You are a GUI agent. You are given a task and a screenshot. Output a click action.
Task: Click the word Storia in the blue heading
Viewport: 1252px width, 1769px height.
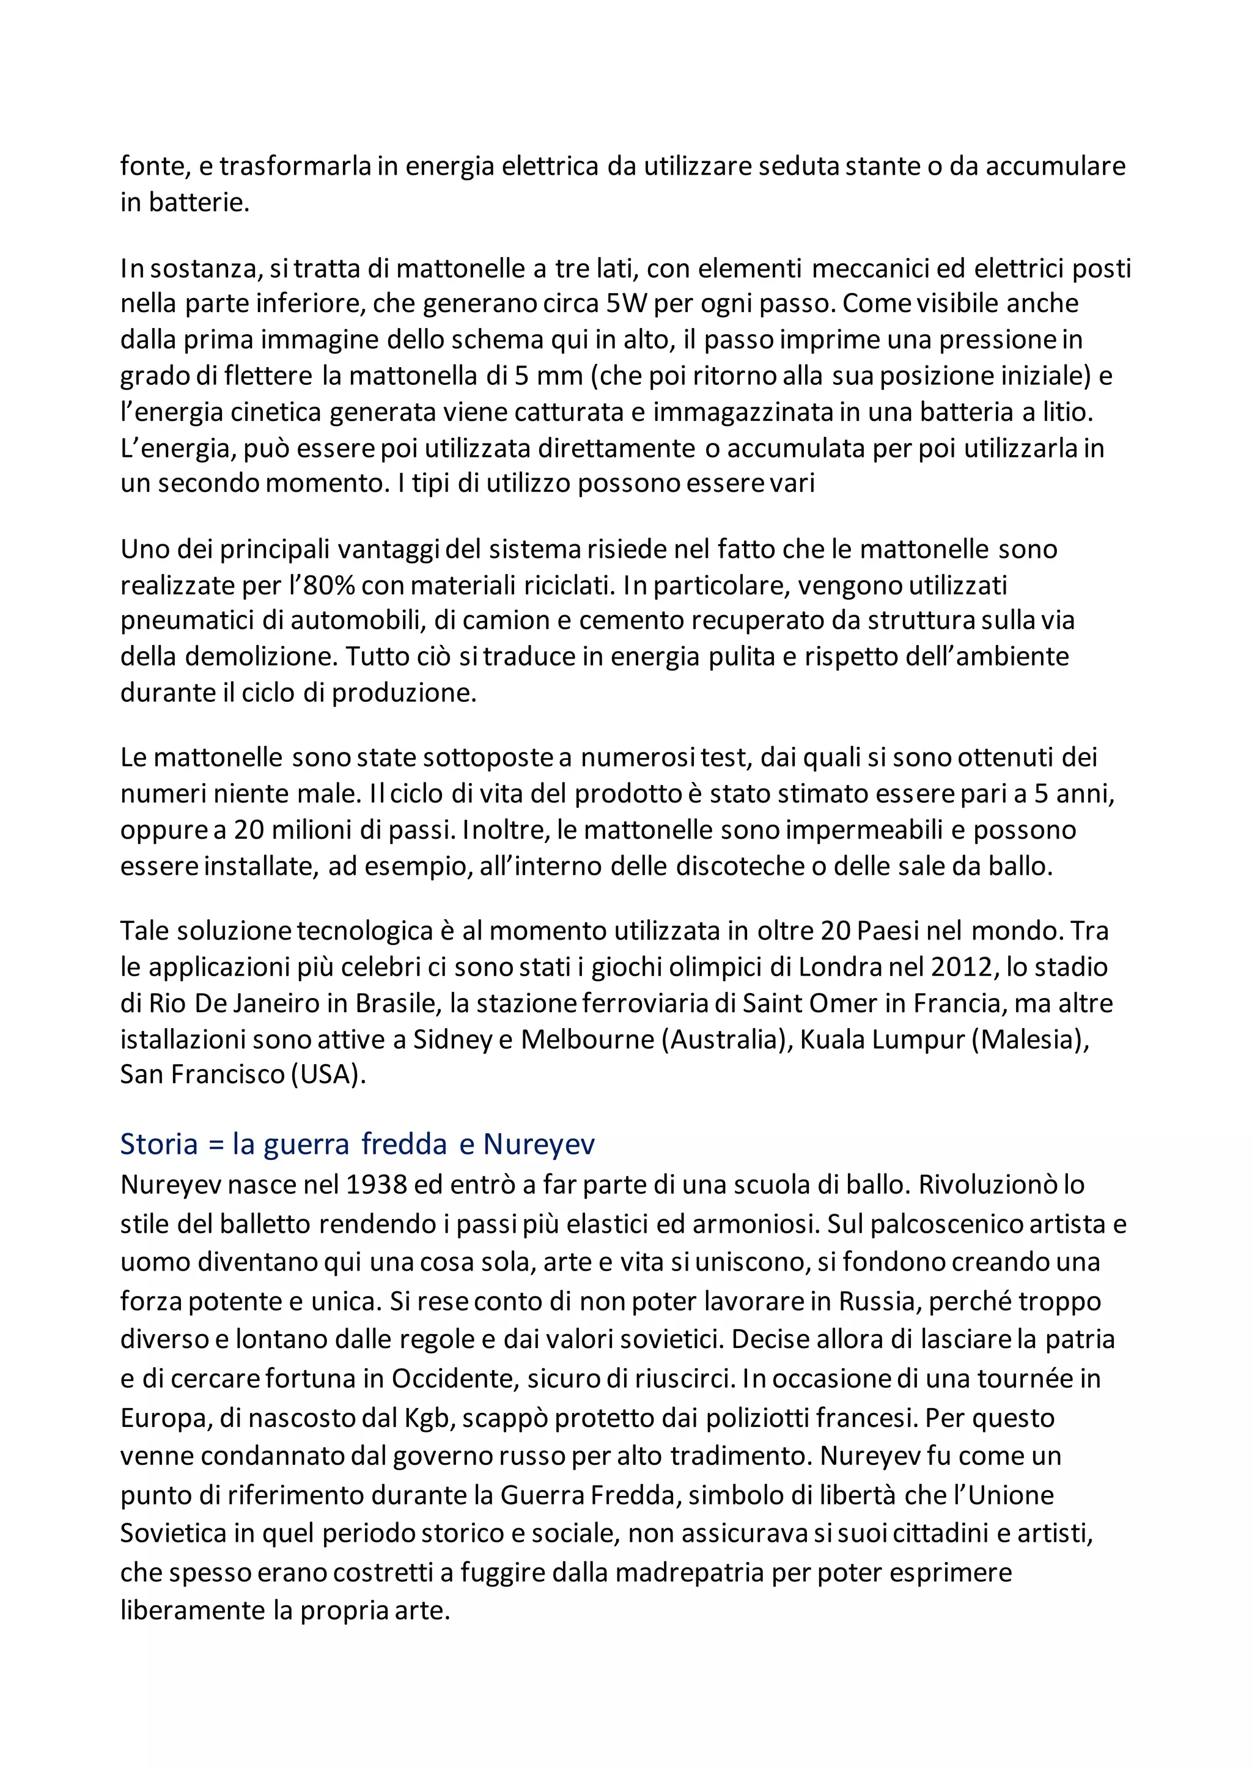click(x=159, y=1144)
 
